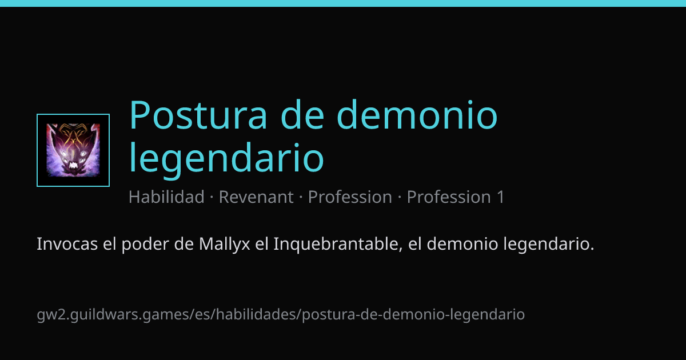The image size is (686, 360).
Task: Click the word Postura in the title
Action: (198, 115)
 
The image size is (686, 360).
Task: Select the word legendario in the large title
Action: (226, 158)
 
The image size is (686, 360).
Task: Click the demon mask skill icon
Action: (73, 150)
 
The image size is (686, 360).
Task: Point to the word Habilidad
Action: (166, 197)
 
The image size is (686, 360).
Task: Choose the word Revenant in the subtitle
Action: (256, 197)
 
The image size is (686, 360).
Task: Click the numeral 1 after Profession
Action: (500, 197)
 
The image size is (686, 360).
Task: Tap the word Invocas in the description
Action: (67, 244)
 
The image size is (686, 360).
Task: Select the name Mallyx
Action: (225, 245)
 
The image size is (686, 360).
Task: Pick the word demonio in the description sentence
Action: (462, 244)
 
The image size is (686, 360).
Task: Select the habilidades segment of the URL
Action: (257, 314)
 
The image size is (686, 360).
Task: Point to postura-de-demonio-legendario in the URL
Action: (413, 315)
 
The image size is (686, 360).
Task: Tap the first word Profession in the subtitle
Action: (350, 197)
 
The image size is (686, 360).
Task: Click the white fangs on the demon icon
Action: (74, 166)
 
